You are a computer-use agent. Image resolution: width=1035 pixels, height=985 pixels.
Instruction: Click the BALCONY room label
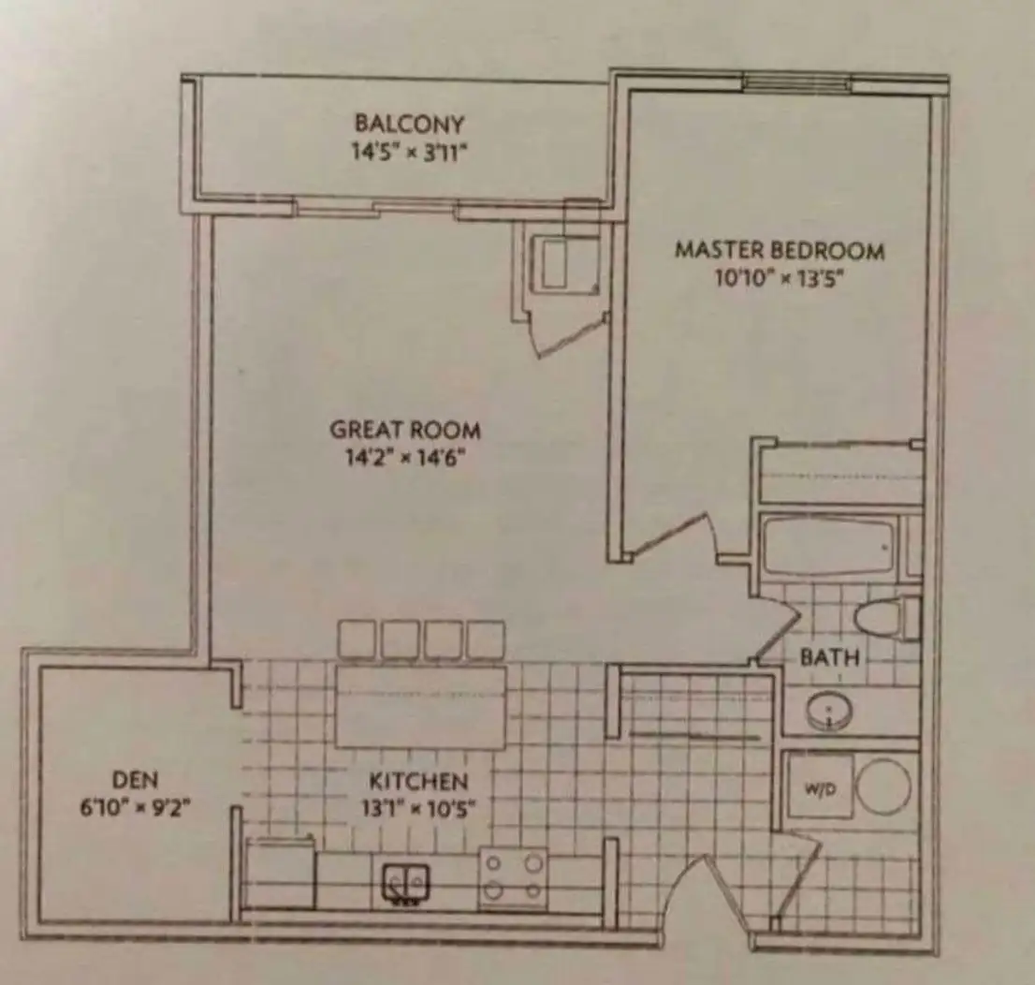pyautogui.click(x=409, y=124)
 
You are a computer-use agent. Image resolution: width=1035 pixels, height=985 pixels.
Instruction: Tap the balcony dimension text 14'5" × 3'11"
pyautogui.click(x=409, y=153)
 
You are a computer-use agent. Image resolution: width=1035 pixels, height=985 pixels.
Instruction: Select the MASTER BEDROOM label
pyautogui.click(x=780, y=250)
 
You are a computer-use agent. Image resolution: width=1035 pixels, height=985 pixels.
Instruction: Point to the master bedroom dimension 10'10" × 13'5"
pyautogui.click(x=780, y=279)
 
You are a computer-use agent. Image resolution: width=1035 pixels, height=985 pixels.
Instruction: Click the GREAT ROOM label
pyautogui.click(x=405, y=430)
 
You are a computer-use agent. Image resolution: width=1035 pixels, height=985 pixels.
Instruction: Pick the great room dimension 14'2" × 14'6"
pyautogui.click(x=405, y=457)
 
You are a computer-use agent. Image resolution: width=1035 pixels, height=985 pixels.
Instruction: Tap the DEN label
pyautogui.click(x=136, y=780)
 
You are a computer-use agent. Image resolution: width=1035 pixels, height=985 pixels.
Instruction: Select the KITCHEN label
pyautogui.click(x=418, y=782)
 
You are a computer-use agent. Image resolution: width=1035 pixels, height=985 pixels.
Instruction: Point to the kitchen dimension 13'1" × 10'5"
pyautogui.click(x=418, y=808)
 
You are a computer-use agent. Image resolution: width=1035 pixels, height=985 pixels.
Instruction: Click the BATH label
pyautogui.click(x=830, y=657)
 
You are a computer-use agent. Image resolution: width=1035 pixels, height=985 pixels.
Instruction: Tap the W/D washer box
pyautogui.click(x=820, y=787)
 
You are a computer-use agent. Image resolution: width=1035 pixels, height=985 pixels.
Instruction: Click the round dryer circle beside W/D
pyautogui.click(x=883, y=787)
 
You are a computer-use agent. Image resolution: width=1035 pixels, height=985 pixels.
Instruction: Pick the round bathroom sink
pyautogui.click(x=829, y=712)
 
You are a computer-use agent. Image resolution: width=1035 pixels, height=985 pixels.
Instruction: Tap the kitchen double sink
pyautogui.click(x=406, y=883)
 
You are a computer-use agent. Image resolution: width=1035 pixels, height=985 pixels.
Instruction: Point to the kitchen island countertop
pyautogui.click(x=421, y=708)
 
